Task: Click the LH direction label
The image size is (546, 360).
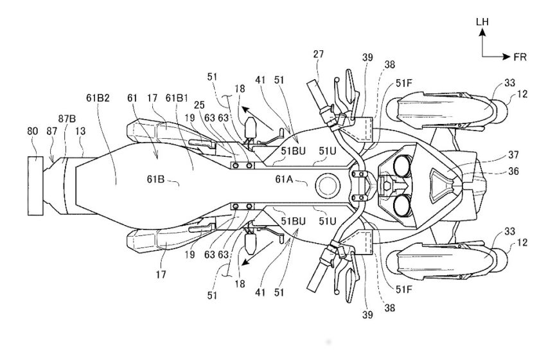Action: (x=482, y=22)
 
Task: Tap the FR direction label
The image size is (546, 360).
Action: (x=520, y=57)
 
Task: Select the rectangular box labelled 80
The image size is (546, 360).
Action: (x=35, y=186)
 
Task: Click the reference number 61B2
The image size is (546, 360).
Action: (x=98, y=98)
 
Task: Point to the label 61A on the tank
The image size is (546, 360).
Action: (x=284, y=179)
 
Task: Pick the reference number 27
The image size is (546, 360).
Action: (x=318, y=54)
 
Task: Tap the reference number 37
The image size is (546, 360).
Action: (x=513, y=154)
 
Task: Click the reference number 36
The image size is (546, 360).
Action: (x=513, y=171)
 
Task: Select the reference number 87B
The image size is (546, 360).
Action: (x=67, y=119)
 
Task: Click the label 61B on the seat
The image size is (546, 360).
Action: (x=155, y=179)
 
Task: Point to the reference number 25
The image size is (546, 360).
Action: (x=200, y=105)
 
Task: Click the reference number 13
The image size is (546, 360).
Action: (x=80, y=131)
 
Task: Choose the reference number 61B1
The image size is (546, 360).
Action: (x=177, y=98)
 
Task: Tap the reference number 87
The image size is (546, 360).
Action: (x=52, y=131)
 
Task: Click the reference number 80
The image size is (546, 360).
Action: (x=32, y=131)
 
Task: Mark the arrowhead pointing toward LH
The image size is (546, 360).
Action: (x=482, y=32)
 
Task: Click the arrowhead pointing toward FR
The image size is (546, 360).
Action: (x=507, y=57)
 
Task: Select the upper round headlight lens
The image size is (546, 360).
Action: (x=403, y=166)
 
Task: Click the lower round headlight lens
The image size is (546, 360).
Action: (x=403, y=205)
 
